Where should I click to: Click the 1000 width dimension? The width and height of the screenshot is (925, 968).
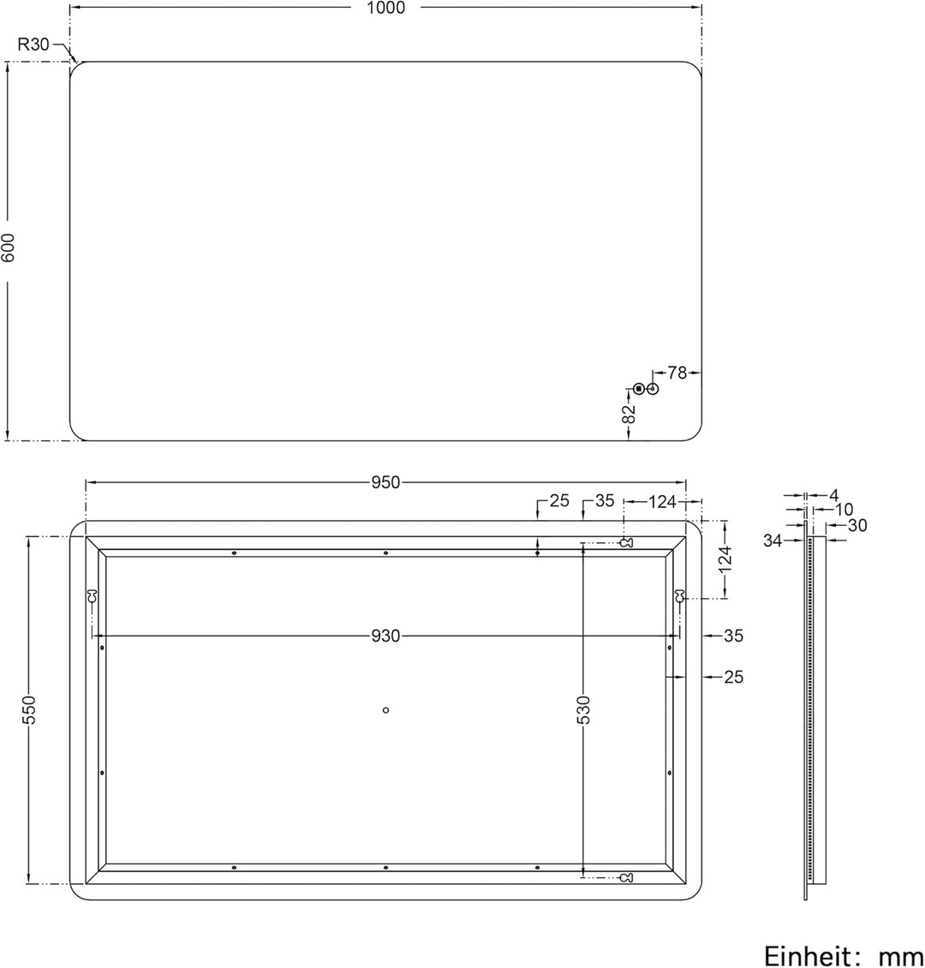tap(385, 8)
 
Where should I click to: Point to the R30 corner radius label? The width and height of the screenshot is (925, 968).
tap(33, 45)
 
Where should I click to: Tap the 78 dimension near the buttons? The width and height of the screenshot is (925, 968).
tap(677, 373)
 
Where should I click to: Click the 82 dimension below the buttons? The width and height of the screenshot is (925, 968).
tap(630, 414)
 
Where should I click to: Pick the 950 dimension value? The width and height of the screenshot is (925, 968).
tap(385, 483)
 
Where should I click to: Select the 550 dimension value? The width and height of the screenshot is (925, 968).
tap(29, 710)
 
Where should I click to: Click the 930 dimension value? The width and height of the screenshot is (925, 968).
tap(385, 636)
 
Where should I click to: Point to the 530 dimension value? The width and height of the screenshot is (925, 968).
tap(583, 710)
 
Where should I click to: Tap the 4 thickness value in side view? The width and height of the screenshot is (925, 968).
tap(833, 495)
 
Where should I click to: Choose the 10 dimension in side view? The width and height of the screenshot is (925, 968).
tap(844, 511)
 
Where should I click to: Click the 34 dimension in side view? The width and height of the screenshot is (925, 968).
tap(773, 540)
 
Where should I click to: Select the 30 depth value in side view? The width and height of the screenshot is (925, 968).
tap(857, 526)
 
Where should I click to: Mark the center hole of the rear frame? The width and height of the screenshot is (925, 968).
tap(385, 709)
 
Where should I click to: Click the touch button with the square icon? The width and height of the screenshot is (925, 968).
tap(639, 390)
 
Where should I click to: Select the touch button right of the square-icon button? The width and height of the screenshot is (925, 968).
tap(653, 390)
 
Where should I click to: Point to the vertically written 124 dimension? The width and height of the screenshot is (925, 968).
tap(725, 559)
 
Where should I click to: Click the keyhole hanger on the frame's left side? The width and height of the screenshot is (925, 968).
tap(92, 596)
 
